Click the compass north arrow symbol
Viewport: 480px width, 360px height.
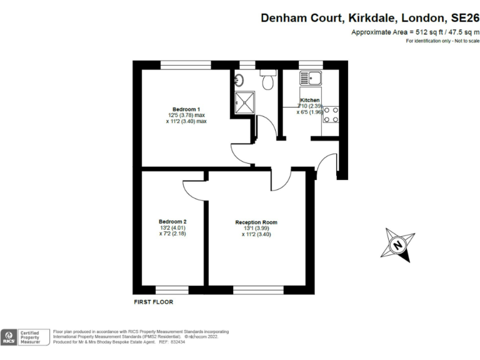coord(397,246)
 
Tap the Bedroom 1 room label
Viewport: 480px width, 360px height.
coord(186,109)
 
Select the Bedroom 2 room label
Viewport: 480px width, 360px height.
coord(172,222)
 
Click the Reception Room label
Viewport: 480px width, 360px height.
coord(256,222)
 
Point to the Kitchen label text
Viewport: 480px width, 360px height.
coord(310,100)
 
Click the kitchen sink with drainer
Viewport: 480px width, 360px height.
coord(310,79)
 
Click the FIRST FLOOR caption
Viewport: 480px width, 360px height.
coord(154,302)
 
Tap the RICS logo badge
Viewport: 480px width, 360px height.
coord(9,337)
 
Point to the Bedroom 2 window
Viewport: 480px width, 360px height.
coord(172,290)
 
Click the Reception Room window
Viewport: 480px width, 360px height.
coord(257,290)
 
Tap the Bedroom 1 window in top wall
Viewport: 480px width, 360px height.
coord(186,64)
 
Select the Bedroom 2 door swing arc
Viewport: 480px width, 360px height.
coord(191,189)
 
